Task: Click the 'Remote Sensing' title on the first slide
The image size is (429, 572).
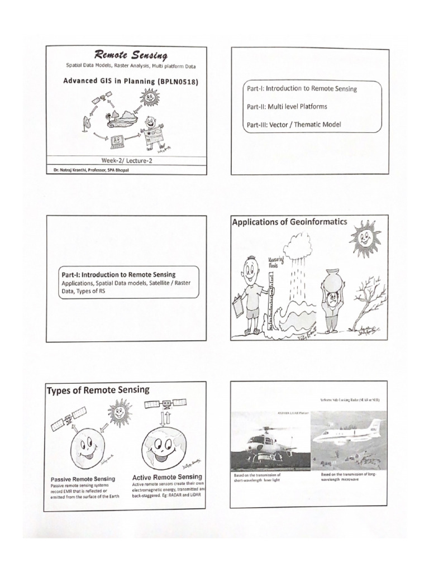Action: coord(131,55)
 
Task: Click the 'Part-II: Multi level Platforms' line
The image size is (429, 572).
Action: coord(287,106)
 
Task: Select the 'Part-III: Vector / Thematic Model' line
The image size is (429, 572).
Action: coord(293,125)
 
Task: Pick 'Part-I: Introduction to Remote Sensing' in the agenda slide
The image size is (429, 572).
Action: coord(302,88)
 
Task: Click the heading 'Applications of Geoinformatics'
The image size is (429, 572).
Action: coord(289,222)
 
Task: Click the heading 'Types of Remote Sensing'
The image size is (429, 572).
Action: coord(98,389)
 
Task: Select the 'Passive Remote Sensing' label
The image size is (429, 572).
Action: coord(83,479)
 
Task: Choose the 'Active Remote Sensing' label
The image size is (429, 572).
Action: coord(167,478)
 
